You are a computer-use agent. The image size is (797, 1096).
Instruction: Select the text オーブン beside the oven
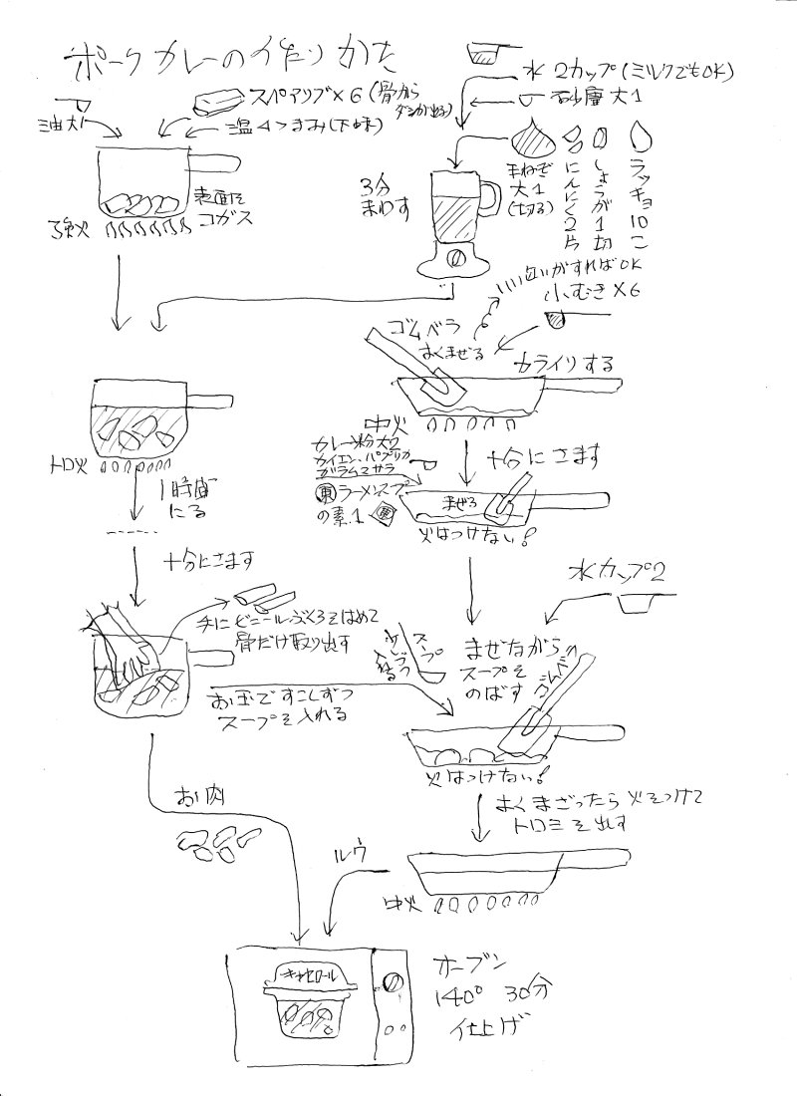(x=472, y=967)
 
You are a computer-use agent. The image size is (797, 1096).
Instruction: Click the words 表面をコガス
(x=216, y=205)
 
